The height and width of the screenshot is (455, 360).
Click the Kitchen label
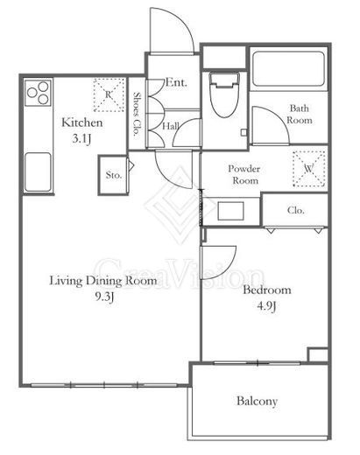(82, 122)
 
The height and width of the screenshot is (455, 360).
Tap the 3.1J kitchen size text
(81, 138)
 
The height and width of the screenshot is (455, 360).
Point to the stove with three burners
(39, 93)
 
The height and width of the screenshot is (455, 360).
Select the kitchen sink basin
(38, 172)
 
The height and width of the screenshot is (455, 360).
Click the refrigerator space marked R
(109, 95)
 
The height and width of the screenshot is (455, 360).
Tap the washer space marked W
(309, 169)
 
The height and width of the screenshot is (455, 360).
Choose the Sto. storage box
(113, 175)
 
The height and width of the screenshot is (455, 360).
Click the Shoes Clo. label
(137, 115)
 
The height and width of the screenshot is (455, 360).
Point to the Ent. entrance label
(176, 82)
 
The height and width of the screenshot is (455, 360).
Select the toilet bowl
(224, 94)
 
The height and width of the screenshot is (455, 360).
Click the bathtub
(288, 69)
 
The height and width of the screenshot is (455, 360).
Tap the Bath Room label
(300, 114)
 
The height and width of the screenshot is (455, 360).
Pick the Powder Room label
(244, 174)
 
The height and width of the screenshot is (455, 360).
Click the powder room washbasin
(230, 211)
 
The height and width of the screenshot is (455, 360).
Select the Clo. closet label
(296, 210)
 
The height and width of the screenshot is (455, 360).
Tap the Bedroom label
(267, 290)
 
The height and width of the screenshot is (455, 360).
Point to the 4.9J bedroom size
(266, 306)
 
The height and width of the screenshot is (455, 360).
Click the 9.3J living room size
(103, 297)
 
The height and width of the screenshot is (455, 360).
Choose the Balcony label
(257, 402)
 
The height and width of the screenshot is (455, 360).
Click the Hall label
(171, 126)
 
